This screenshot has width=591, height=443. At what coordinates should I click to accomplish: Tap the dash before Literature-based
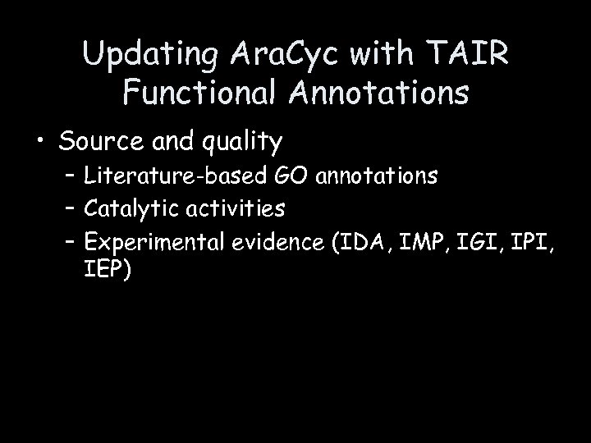pyautogui.click(x=69, y=175)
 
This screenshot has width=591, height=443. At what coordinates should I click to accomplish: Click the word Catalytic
pyautogui.click(x=129, y=209)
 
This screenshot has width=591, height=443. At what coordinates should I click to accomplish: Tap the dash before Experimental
pyautogui.click(x=69, y=242)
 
